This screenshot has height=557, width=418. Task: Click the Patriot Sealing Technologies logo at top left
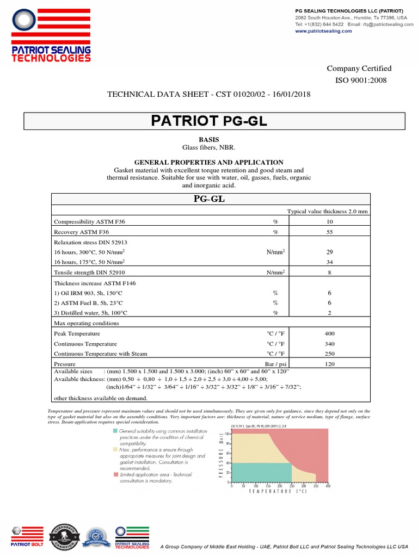(x=51, y=36)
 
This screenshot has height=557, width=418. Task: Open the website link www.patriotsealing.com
(x=323, y=31)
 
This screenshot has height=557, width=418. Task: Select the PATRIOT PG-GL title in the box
(x=209, y=121)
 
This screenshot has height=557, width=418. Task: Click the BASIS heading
(x=209, y=140)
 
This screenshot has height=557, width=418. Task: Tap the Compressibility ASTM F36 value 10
(x=329, y=222)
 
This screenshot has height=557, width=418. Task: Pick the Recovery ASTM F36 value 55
(x=329, y=232)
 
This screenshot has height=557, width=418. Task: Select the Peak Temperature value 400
(x=329, y=333)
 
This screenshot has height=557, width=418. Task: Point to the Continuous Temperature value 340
(x=329, y=344)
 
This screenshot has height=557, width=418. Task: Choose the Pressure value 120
(x=329, y=364)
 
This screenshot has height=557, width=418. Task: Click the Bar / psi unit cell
(x=275, y=364)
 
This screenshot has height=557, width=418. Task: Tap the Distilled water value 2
(x=329, y=313)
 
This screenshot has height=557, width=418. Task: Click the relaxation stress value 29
(x=329, y=252)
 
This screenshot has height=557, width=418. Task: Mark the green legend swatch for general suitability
(x=115, y=431)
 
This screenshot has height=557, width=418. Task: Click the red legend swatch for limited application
(x=115, y=474)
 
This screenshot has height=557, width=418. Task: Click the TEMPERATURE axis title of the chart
(x=278, y=491)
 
